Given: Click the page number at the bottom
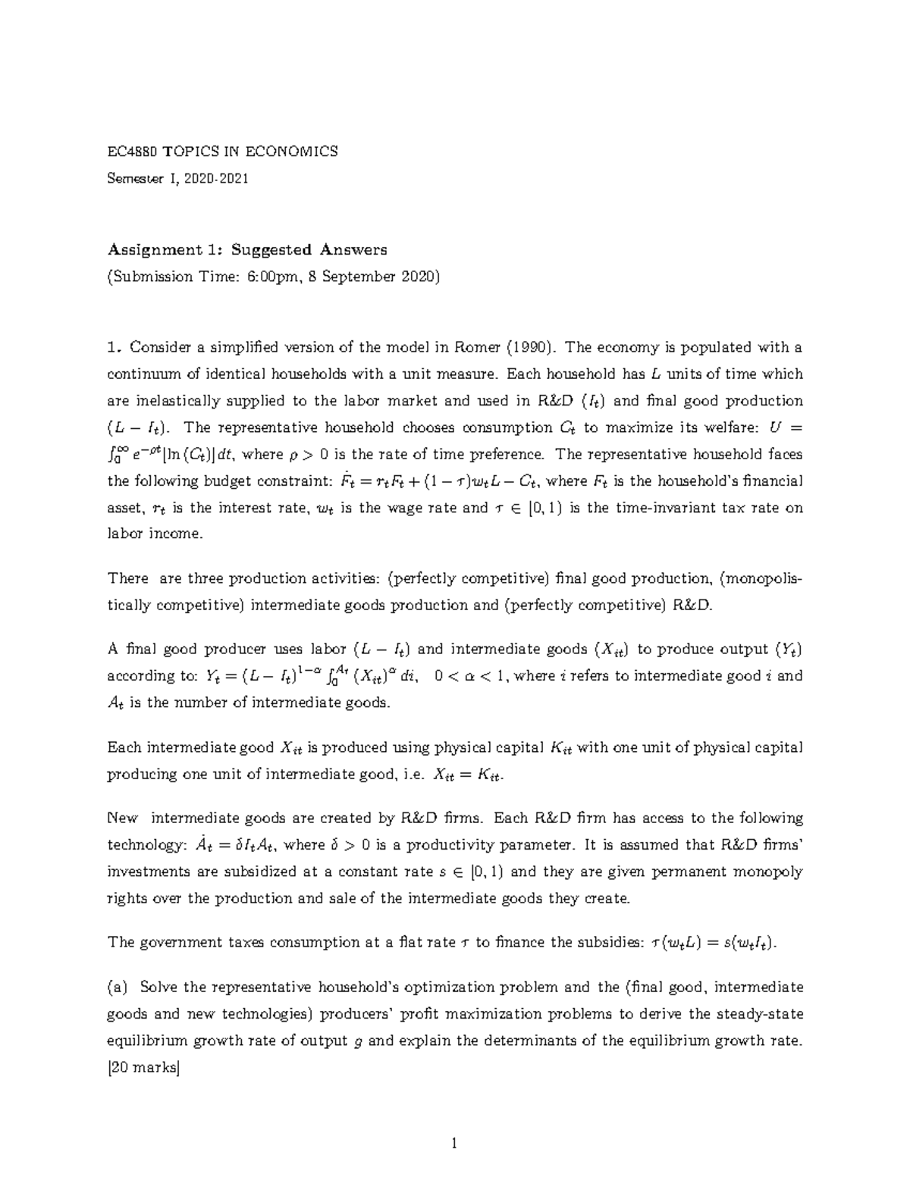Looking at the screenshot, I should (454, 1144).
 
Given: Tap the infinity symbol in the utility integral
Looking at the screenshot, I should (124, 450).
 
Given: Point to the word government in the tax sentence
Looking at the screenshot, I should (174, 942).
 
